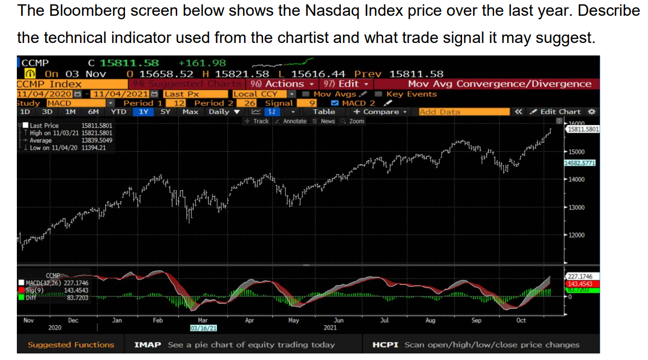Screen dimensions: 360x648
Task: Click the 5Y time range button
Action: pos(165,111)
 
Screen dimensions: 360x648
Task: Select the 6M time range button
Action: pos(94,111)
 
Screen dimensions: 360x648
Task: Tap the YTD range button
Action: pos(119,111)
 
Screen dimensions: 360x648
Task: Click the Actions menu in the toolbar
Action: pos(282,84)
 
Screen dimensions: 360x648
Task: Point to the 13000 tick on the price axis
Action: pos(576,207)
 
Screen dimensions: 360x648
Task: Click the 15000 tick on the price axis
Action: pos(576,151)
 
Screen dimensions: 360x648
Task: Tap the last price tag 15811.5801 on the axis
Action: pos(582,129)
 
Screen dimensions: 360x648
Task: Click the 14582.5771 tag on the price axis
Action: pos(581,163)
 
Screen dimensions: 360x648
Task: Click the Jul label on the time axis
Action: pos(384,320)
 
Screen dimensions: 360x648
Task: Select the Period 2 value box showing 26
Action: pos(250,103)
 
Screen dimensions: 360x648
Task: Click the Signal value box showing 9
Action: pos(313,103)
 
